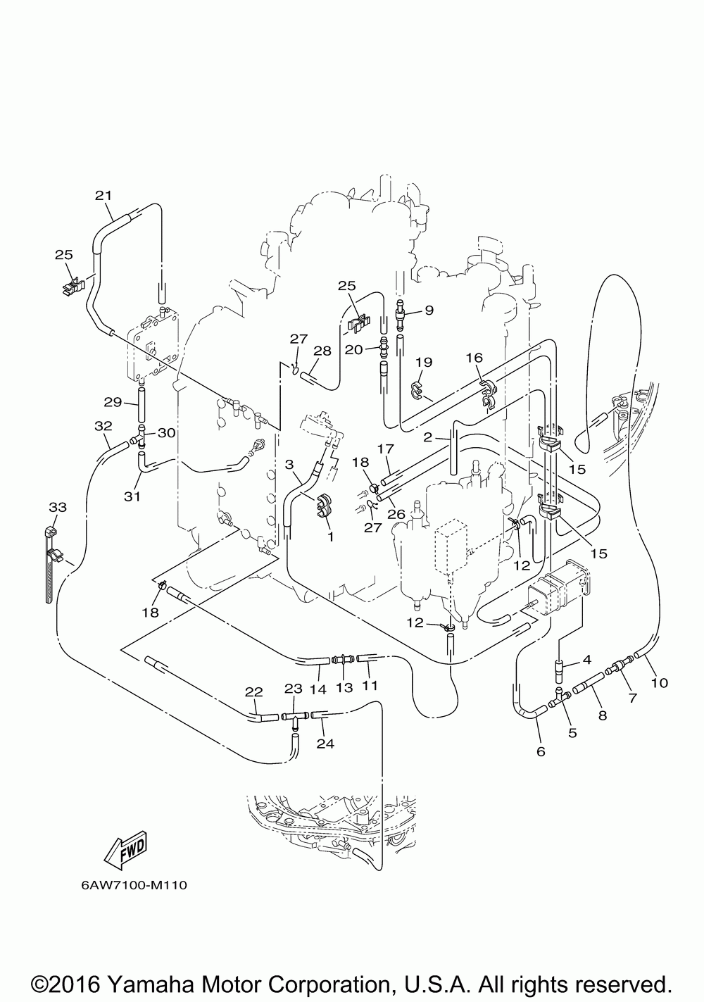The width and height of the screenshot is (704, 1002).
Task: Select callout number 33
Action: click(x=58, y=507)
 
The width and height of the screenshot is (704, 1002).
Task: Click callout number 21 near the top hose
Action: click(x=103, y=196)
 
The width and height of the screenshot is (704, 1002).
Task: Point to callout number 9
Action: click(x=429, y=310)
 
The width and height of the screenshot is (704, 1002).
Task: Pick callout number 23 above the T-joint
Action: click(x=294, y=689)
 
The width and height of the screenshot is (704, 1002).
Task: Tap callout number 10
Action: click(x=660, y=682)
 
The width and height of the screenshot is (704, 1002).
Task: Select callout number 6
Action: click(x=541, y=751)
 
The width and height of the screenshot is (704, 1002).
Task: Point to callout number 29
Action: click(x=113, y=402)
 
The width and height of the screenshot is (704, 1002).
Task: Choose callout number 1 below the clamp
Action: click(x=331, y=537)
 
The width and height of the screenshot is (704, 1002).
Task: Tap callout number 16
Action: click(x=474, y=358)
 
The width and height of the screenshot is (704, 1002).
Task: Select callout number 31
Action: click(x=132, y=496)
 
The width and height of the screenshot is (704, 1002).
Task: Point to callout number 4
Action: click(x=587, y=659)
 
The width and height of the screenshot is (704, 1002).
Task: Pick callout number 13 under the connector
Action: click(x=344, y=687)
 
